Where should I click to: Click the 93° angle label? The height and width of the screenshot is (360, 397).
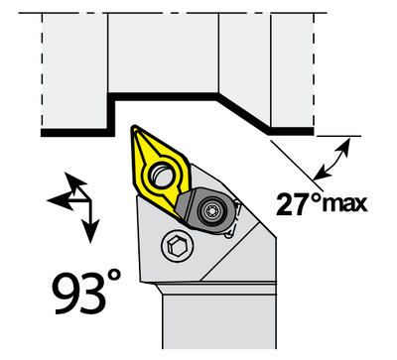click(87, 292)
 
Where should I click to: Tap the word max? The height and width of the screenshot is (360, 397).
click(345, 205)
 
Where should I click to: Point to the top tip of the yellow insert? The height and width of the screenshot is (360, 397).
click(134, 127)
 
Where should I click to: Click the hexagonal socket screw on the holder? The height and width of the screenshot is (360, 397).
click(178, 246)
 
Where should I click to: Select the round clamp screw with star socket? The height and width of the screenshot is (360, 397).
click(211, 209)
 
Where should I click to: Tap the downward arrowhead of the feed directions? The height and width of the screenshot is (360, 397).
click(90, 230)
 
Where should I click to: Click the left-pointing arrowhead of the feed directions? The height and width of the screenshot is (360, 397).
click(60, 200)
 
